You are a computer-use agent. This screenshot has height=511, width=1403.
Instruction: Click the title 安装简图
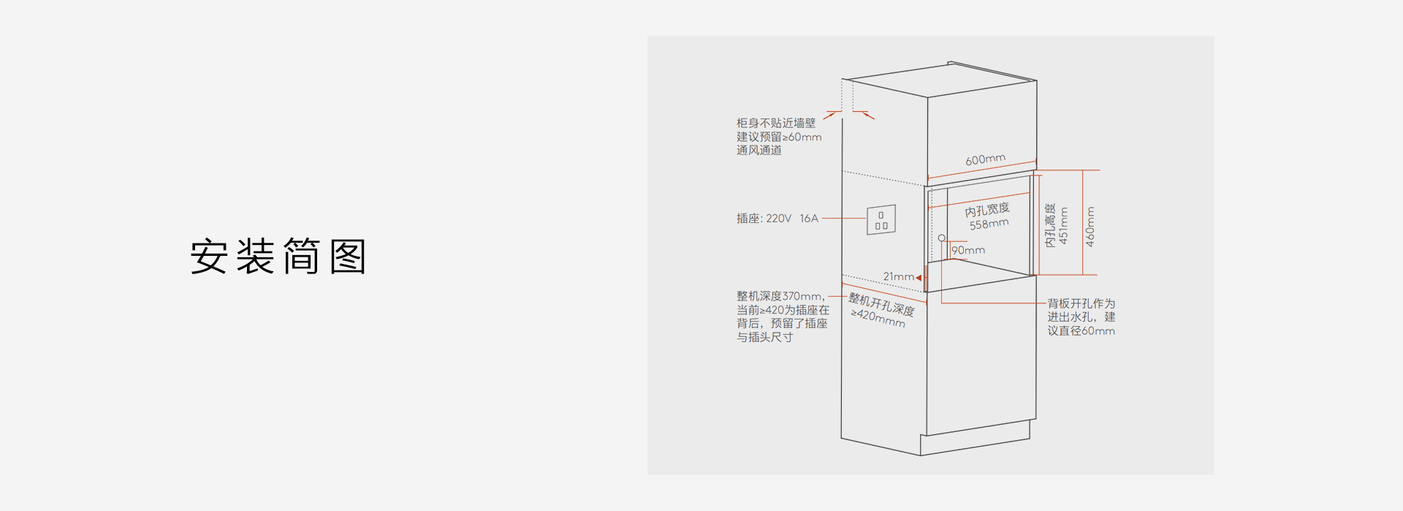[278, 256]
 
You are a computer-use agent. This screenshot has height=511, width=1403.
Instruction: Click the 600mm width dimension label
[985, 159]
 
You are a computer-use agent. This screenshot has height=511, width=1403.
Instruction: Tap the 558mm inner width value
[989, 224]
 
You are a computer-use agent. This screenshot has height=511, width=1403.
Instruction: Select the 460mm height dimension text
[1090, 227]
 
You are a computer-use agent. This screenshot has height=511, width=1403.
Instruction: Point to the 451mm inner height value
[1063, 226]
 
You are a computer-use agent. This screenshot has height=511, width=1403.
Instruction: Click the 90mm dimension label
[968, 250]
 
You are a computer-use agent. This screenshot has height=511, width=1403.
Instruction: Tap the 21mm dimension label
[899, 276]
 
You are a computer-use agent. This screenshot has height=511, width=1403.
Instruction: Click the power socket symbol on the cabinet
[881, 219]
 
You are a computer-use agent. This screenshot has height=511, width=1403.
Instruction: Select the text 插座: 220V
[764, 219]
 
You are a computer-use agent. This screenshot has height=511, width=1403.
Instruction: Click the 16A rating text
[809, 219]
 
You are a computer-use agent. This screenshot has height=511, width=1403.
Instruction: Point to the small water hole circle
[942, 238]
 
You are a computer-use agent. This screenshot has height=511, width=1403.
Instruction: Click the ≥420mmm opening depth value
[878, 317]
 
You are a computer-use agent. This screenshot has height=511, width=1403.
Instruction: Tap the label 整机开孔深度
[881, 304]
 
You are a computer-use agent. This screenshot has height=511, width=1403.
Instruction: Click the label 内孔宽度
[987, 210]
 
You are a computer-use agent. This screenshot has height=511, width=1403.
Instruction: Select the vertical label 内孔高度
[1050, 225]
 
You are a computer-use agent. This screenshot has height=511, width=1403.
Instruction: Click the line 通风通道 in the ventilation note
[759, 150]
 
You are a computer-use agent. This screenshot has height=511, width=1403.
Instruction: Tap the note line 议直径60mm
[1081, 330]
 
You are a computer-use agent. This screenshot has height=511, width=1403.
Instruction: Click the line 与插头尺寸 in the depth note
[764, 337]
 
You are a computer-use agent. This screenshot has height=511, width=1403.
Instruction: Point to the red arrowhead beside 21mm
[919, 278]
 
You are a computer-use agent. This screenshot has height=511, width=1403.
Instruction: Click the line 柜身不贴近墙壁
[776, 123]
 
